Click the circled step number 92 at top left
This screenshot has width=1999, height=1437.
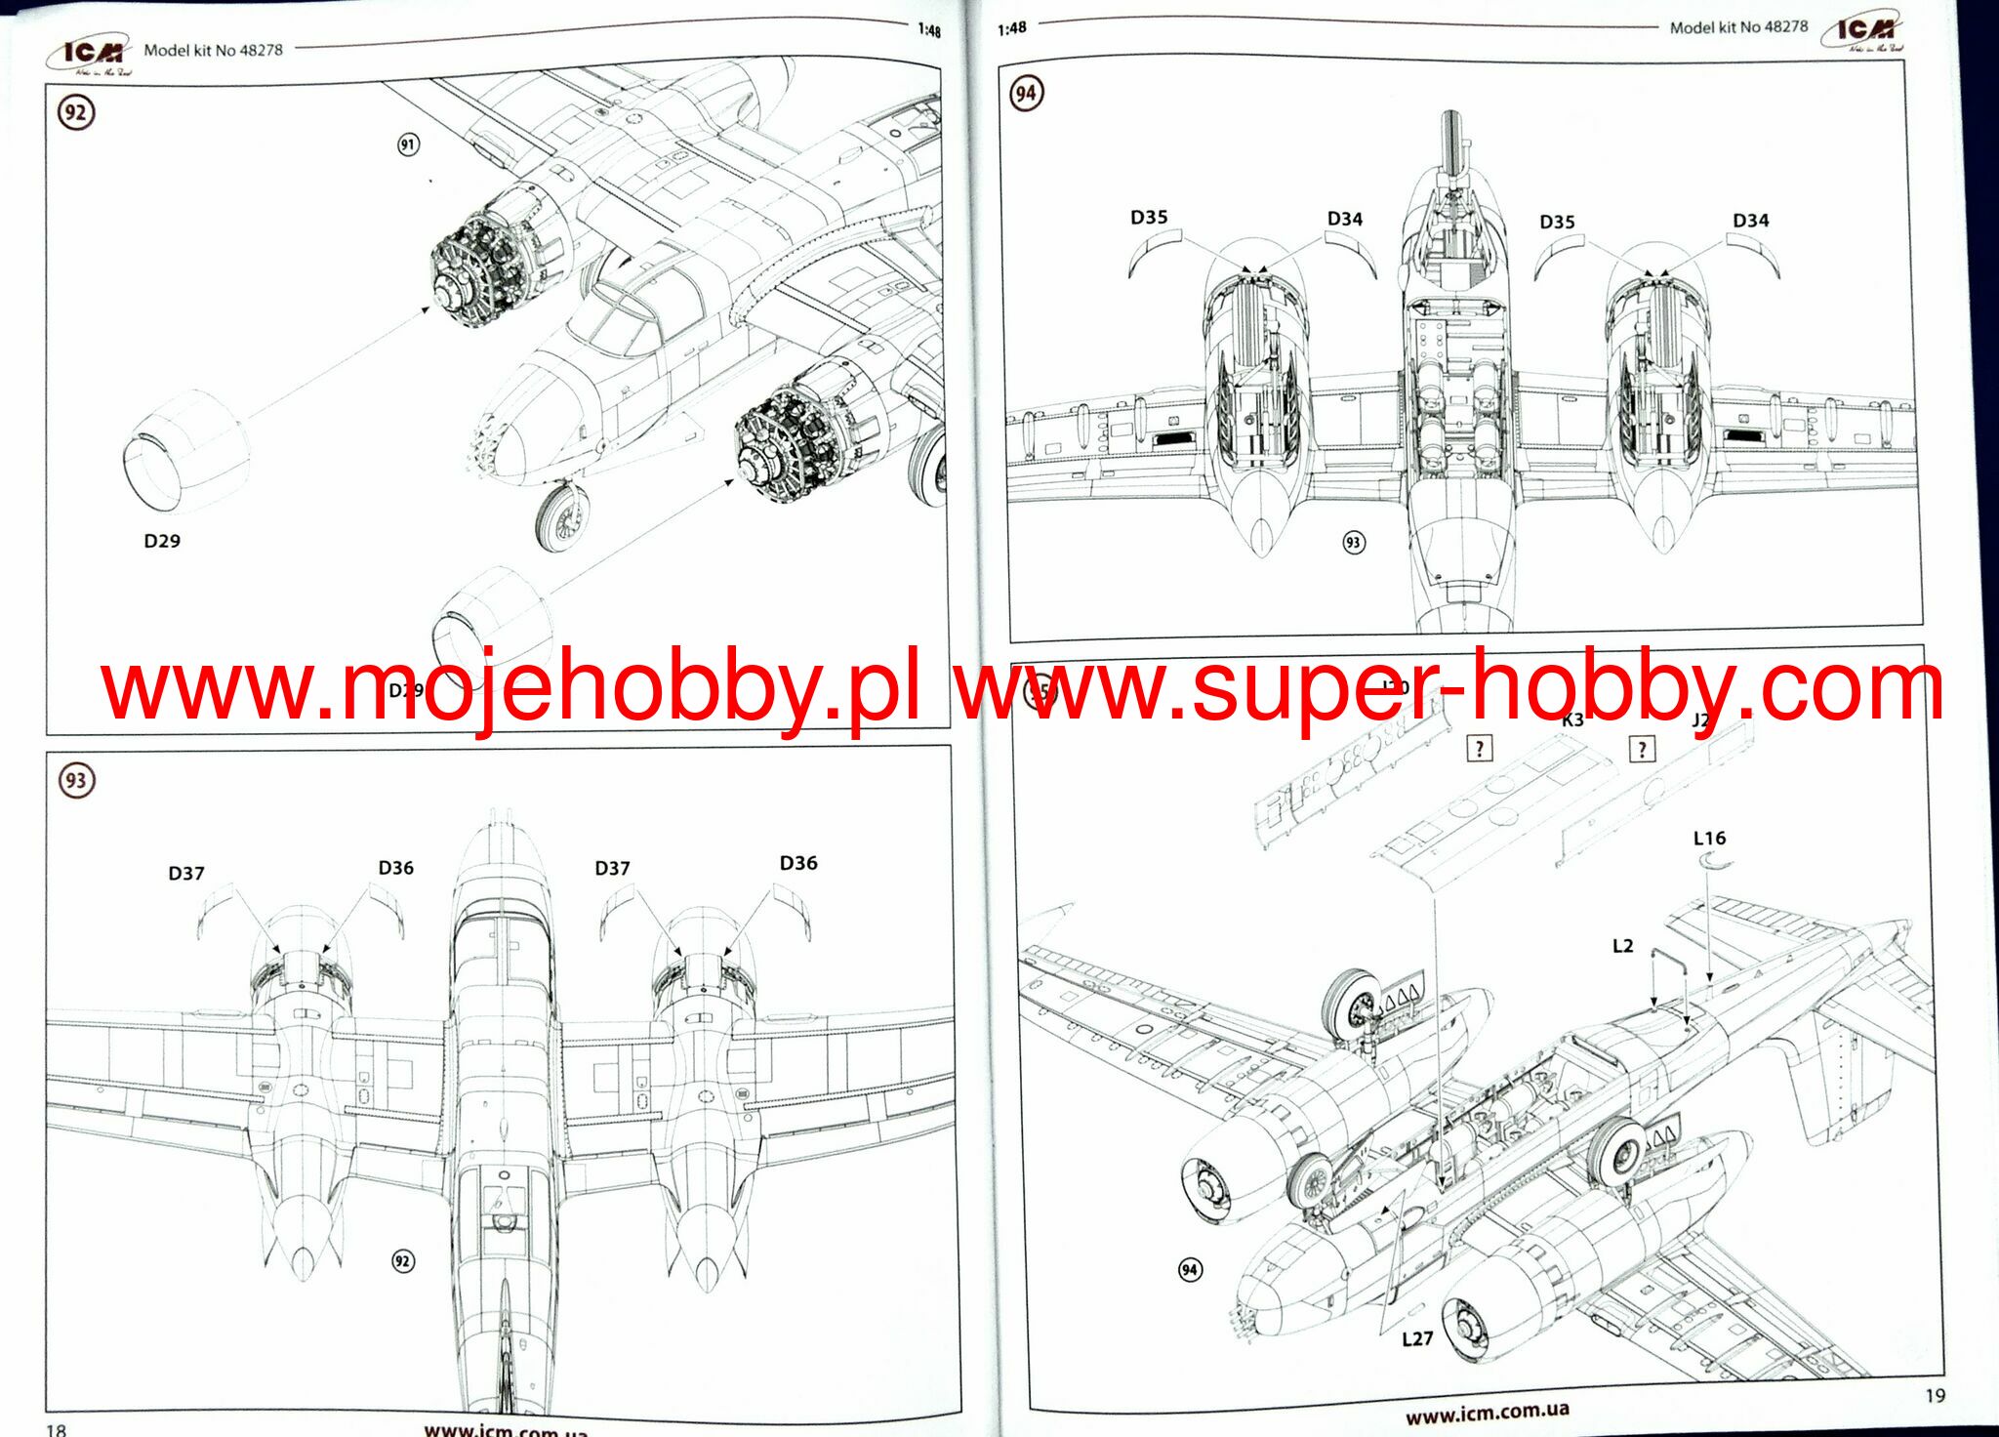click(x=75, y=112)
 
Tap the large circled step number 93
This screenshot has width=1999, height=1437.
click(x=76, y=780)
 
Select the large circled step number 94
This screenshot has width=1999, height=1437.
click(x=1026, y=94)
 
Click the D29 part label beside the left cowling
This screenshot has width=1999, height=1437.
click(x=162, y=541)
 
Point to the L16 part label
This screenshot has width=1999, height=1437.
click(x=1709, y=838)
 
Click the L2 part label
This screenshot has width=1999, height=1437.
click(x=1622, y=945)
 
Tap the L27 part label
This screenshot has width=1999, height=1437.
click(x=1417, y=1338)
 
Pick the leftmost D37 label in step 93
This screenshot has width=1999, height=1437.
click(x=186, y=873)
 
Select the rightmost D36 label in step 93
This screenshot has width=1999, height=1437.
click(x=798, y=863)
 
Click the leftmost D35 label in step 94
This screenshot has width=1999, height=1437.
click(x=1149, y=217)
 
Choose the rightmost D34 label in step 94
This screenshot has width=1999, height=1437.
click(x=1751, y=220)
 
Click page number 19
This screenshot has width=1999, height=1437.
click(x=1935, y=1395)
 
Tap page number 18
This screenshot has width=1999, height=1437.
click(x=57, y=1429)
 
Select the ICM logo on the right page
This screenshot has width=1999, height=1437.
click(x=1864, y=32)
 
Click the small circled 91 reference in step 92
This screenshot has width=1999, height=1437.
click(x=408, y=144)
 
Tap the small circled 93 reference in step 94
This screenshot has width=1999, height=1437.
click(x=1353, y=542)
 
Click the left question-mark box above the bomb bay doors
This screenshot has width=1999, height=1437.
click(x=1480, y=749)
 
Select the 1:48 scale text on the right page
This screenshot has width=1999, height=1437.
click(x=1012, y=28)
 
